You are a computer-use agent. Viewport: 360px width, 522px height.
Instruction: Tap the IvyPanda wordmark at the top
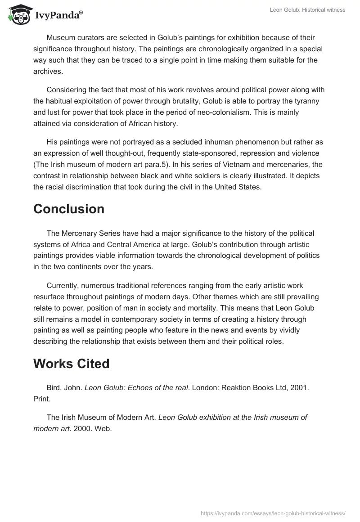58,16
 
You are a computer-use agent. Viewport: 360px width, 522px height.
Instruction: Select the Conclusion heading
69,209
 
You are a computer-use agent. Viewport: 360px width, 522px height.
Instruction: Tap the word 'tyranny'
299,101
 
